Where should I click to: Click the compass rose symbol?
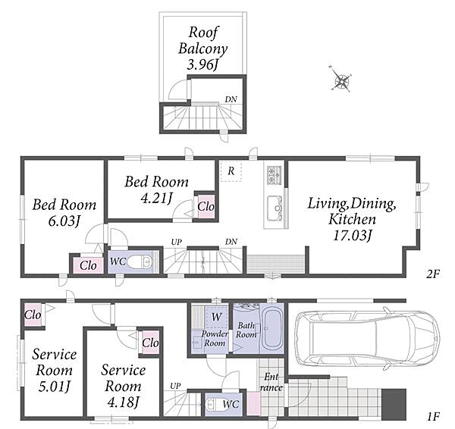click(340, 80)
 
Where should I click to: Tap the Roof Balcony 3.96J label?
click(202, 49)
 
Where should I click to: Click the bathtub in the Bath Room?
click(272, 328)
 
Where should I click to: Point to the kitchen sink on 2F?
click(275, 208)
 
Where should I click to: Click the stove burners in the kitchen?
click(275, 175)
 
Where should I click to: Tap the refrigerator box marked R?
click(231, 171)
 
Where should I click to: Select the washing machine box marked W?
click(217, 317)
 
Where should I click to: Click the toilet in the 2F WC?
click(140, 262)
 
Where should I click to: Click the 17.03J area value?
click(352, 236)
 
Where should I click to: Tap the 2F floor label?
click(433, 274)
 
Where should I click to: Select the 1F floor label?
click(434, 417)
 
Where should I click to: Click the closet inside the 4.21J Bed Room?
click(206, 206)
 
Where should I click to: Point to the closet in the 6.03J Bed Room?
click(88, 265)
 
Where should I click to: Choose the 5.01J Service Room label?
click(55, 370)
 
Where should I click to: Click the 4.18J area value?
click(123, 402)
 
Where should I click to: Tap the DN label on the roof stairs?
click(231, 99)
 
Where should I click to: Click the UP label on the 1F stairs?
click(176, 386)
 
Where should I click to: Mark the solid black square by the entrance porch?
click(394, 404)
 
